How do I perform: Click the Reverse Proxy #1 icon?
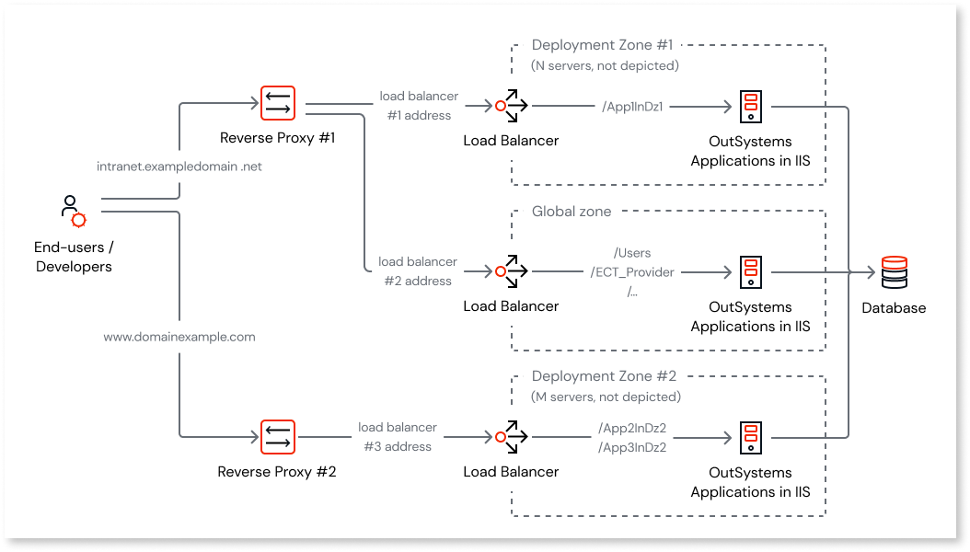[276, 104]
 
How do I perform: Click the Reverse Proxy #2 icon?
[276, 437]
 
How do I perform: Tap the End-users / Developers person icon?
[73, 212]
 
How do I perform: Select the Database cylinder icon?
[894, 273]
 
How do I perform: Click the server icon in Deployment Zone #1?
[751, 106]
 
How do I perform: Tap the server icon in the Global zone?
[751, 271]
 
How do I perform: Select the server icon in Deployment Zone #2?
[751, 437]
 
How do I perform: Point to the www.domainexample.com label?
[179, 337]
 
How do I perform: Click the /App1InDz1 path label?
[632, 107]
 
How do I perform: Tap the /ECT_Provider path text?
[632, 272]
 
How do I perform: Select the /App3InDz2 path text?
[632, 447]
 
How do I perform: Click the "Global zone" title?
[571, 212]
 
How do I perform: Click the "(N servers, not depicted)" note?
[605, 65]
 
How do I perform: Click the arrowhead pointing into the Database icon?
[871, 272]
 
